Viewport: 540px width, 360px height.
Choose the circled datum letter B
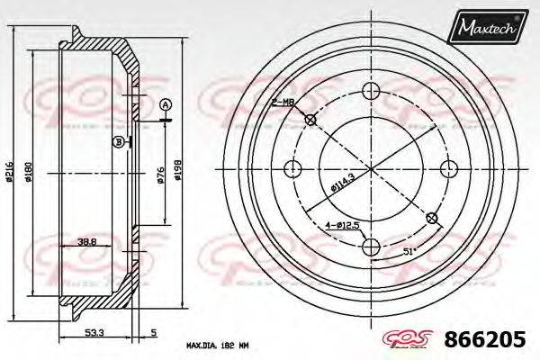point(118,141)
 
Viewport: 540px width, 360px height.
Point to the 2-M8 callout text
point(283,103)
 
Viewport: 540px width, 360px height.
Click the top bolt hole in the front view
point(370,90)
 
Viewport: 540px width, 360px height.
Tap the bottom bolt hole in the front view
point(370,246)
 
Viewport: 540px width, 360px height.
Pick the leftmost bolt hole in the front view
point(292,167)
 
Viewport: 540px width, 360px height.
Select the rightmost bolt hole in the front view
point(447,167)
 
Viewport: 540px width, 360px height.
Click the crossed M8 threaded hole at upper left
point(310,120)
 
